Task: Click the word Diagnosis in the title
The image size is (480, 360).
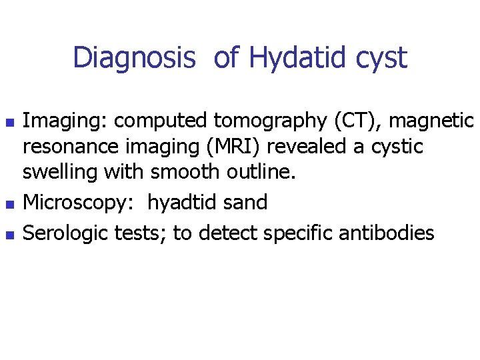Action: coord(134,57)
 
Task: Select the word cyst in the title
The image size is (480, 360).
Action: coord(380,59)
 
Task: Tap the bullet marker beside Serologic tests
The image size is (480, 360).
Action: coord(8,235)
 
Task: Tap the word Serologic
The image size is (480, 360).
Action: coord(67,233)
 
